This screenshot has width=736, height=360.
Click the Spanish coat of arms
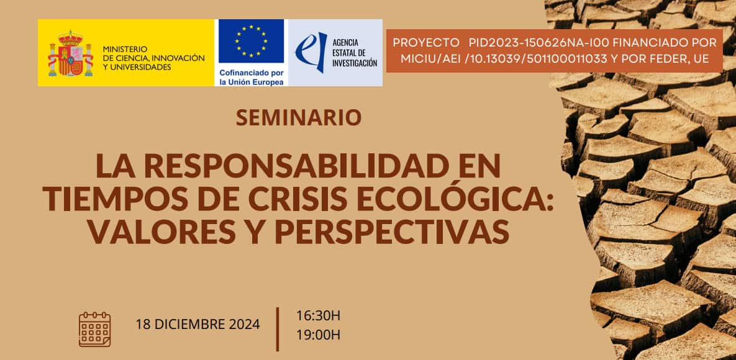tap(70, 53)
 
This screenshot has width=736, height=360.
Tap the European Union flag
tap(251, 41)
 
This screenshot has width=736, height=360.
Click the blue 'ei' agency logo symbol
tap(311, 52)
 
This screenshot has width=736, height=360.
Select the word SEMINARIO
tap(299, 117)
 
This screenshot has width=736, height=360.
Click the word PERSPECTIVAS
tap(392, 232)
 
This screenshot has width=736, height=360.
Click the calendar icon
tap(95, 330)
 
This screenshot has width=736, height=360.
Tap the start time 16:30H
tap(318, 316)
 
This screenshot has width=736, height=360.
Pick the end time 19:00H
tap(318, 335)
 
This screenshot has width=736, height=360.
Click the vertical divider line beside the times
tap(278, 330)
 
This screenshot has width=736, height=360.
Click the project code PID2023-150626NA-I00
tap(539, 43)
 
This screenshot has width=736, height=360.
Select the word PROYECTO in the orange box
tap(426, 43)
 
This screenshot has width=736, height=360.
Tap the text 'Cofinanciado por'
tap(252, 73)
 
